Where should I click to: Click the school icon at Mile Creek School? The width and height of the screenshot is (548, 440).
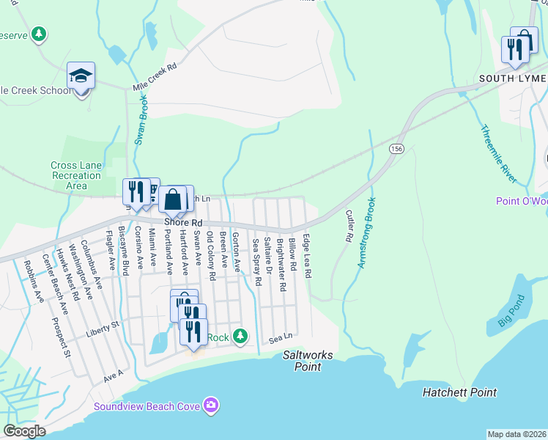[81, 76]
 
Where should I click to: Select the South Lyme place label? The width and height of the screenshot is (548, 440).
[512, 78]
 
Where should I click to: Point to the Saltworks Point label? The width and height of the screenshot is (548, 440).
[308, 360]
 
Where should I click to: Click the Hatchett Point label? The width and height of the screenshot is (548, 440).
[459, 393]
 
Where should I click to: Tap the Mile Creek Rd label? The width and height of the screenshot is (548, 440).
[155, 77]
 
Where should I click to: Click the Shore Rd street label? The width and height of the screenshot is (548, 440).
[182, 221]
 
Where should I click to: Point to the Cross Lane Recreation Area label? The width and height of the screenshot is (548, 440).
[76, 175]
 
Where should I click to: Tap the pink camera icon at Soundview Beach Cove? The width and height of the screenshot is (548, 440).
[212, 405]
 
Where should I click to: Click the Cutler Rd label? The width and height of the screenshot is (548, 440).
[349, 227]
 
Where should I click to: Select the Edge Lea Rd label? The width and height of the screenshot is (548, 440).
[308, 256]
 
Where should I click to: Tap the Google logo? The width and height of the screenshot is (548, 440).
[24, 432]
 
